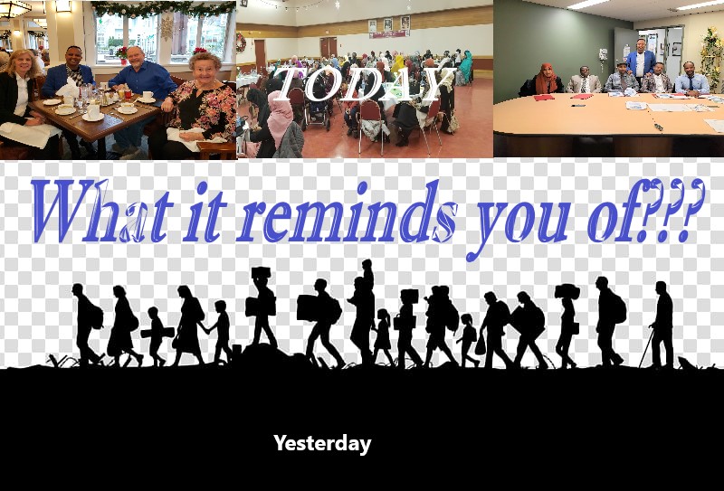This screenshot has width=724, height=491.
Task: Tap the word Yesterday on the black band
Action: pos(322,444)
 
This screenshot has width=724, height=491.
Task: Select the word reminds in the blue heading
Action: pos(347,212)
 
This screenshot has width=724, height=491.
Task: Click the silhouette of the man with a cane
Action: pos(662,326)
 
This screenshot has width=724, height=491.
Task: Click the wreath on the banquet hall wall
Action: pos(241,42)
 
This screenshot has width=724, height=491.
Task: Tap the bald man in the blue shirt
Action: pos(141,88)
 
